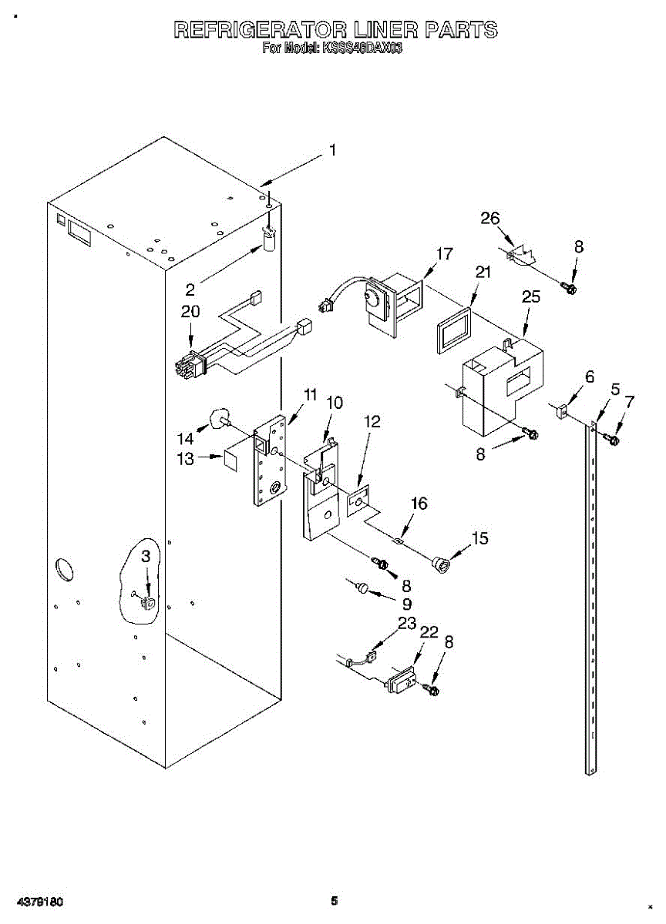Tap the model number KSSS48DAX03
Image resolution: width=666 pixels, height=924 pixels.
pyautogui.click(x=362, y=49)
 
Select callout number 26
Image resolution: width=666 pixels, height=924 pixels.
pyautogui.click(x=489, y=218)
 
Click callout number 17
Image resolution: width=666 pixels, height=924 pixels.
pyautogui.click(x=445, y=253)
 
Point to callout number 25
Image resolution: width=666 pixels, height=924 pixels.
pyautogui.click(x=531, y=296)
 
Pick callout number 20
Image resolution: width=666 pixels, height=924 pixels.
pyautogui.click(x=190, y=311)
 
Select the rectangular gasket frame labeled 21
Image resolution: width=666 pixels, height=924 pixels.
pyautogui.click(x=454, y=330)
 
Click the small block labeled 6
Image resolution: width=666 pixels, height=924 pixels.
pyautogui.click(x=560, y=411)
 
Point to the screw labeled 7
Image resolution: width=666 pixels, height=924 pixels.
pyautogui.click(x=612, y=438)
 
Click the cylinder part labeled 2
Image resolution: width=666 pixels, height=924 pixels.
pyautogui.click(x=270, y=241)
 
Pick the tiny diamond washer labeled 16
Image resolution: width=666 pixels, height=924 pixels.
pyautogui.click(x=399, y=540)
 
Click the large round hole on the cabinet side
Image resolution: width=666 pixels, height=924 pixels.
pyautogui.click(x=65, y=571)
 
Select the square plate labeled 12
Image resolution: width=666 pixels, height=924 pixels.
pyautogui.click(x=358, y=502)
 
